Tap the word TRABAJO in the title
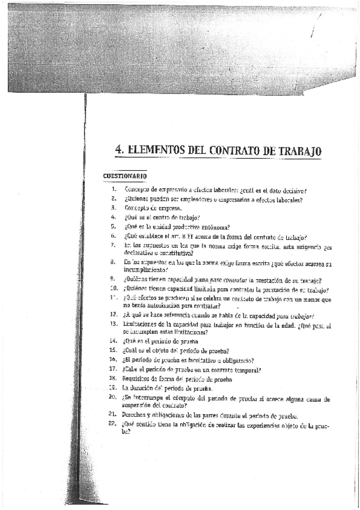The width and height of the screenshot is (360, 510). [296, 150]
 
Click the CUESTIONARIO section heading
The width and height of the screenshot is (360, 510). [125, 176]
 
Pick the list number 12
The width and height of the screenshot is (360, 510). [112, 314]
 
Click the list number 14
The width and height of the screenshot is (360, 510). [112, 340]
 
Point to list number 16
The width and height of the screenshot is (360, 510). [112, 360]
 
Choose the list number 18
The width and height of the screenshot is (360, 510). [112, 378]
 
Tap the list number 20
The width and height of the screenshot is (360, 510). [112, 398]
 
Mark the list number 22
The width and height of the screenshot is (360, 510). [112, 423]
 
